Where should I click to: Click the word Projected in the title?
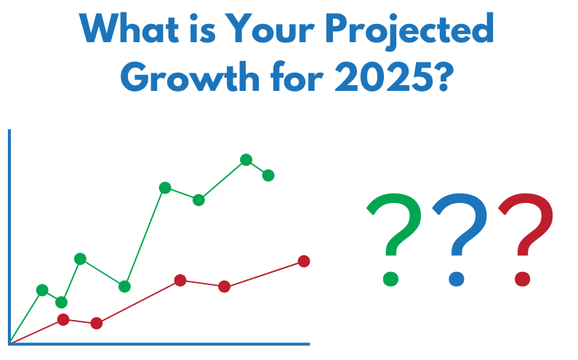410,31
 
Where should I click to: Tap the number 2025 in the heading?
384,77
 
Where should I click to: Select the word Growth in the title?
190,76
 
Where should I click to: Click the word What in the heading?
129,28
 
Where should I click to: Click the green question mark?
393,240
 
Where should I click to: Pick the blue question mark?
459,240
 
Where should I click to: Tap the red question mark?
526,240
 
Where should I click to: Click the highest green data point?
246,160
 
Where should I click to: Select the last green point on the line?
268,175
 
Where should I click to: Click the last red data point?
304,261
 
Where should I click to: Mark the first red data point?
63,319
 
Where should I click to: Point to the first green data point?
42,290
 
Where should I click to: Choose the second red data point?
97,323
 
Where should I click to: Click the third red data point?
180,280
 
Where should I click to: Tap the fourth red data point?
225,287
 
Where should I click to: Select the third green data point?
81,259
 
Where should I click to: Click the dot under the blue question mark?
457,279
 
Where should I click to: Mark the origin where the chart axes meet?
9,344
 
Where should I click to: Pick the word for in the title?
297,76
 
